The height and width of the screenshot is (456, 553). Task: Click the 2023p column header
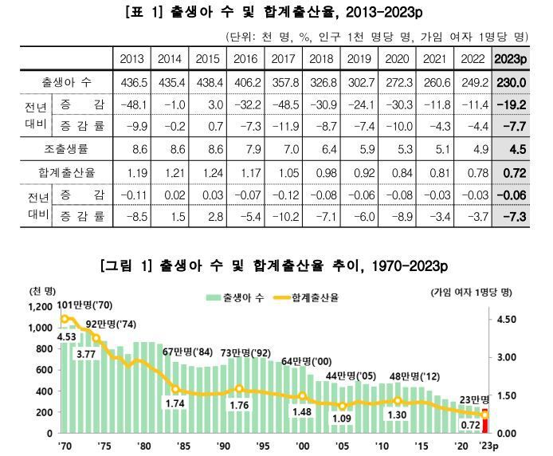point(511,59)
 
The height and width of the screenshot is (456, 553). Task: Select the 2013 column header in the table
point(131,59)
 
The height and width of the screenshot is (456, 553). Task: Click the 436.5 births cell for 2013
point(131,82)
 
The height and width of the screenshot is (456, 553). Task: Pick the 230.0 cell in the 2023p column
point(511,82)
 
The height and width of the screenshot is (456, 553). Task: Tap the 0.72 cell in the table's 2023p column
point(511,172)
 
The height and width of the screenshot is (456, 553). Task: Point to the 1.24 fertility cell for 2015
point(208,172)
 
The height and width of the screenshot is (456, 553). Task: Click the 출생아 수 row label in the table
point(66,82)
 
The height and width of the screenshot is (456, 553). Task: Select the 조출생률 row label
point(66,149)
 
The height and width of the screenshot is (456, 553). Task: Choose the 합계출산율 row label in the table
point(66,172)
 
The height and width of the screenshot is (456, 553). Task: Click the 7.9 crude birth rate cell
point(246,149)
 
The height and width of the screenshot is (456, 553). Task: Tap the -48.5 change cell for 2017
point(284,104)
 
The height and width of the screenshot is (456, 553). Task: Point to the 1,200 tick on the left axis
point(41,307)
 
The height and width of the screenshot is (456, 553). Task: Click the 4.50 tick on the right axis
point(507,320)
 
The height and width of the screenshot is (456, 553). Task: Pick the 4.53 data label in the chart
point(68,336)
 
